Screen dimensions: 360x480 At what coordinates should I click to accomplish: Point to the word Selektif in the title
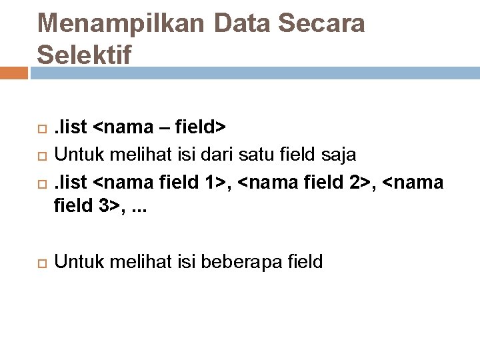click(x=85, y=54)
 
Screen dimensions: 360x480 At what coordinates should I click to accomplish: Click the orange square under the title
click(x=13, y=72)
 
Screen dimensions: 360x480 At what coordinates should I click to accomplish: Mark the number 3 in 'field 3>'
click(x=104, y=208)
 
